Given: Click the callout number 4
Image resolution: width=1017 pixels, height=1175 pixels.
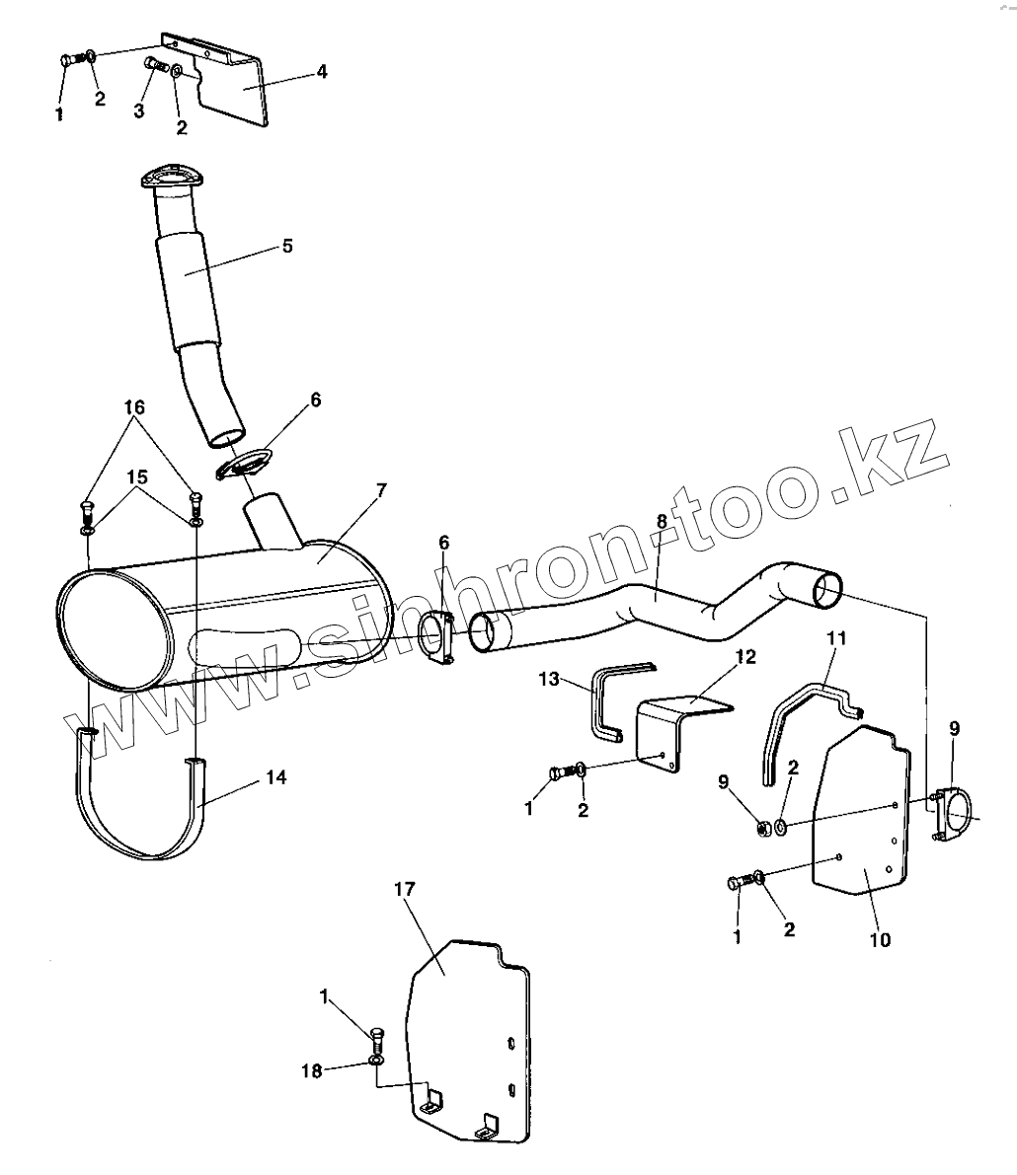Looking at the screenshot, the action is pos(322,72).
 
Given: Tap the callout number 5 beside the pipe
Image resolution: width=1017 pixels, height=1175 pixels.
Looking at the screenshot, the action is pos(287,246).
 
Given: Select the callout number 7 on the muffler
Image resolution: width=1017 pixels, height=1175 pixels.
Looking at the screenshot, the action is pos(381,491).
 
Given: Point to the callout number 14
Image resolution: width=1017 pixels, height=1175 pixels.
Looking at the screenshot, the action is pos(276,777).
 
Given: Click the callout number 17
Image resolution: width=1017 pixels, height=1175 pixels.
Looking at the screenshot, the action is pos(404,890).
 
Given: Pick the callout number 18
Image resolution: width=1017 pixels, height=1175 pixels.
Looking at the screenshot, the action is pos(311,1071).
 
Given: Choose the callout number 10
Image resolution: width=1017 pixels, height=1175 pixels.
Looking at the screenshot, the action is pos(880,939).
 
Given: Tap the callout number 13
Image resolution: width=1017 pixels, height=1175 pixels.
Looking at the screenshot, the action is pos(549,679).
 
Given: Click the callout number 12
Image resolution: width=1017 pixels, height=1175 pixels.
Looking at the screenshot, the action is pos(745,656).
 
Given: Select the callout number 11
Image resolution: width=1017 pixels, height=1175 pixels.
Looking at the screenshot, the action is pos(836,637).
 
